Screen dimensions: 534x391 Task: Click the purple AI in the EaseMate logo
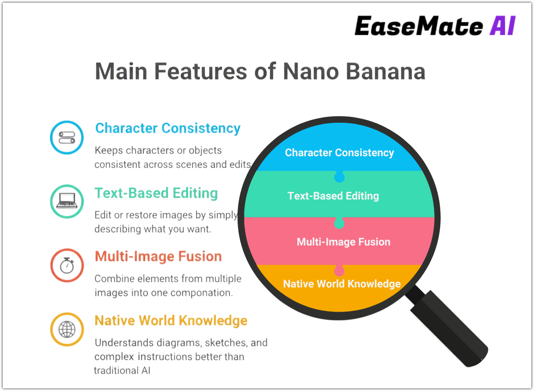click(x=503, y=26)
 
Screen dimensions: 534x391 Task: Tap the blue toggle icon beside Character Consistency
click(x=67, y=137)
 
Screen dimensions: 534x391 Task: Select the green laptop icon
click(x=67, y=201)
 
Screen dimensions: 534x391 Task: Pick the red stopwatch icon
click(x=67, y=265)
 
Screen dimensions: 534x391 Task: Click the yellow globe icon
click(x=67, y=329)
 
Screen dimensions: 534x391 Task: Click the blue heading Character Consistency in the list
click(x=168, y=129)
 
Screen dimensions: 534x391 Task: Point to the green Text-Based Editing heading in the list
click(x=156, y=193)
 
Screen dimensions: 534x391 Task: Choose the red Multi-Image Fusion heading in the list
click(x=159, y=257)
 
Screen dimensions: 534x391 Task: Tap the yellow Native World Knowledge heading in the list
click(x=171, y=321)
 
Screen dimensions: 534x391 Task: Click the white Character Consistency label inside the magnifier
click(x=339, y=153)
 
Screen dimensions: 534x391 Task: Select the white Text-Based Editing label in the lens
click(x=333, y=196)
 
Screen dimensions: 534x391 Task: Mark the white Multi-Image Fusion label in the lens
click(x=343, y=242)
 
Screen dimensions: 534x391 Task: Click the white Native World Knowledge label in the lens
click(x=342, y=284)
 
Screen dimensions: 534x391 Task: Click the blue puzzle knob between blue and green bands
click(x=339, y=177)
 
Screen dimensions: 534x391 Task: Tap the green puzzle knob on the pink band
click(x=339, y=223)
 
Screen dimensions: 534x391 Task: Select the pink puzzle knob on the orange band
click(x=339, y=271)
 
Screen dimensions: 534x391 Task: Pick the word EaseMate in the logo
click(x=418, y=26)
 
